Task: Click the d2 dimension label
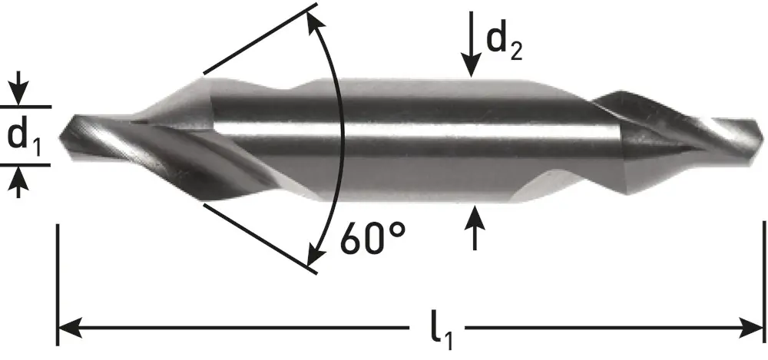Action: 504,43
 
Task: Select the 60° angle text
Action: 373,239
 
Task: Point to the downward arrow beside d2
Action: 471,44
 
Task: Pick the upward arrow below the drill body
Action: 475,228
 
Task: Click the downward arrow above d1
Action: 18,88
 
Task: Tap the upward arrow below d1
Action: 18,182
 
